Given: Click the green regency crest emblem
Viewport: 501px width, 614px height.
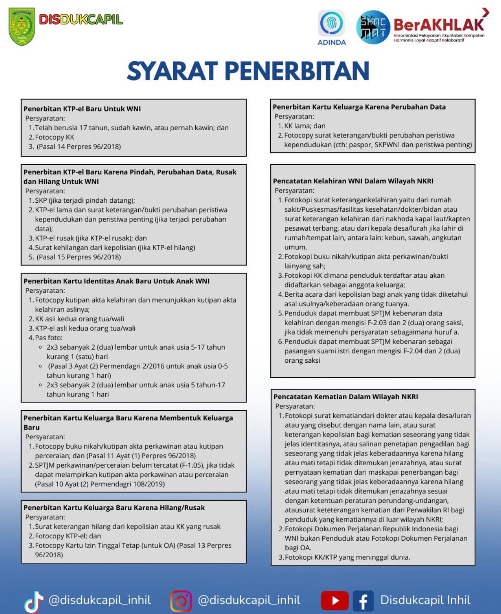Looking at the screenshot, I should point(22,26).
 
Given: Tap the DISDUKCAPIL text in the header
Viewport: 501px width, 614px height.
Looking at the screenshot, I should point(80,19).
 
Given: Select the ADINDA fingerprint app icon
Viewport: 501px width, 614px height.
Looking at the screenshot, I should point(332,23).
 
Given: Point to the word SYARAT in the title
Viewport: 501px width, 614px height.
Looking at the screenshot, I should point(172,71).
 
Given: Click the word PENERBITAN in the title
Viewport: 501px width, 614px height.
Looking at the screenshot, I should point(297,71).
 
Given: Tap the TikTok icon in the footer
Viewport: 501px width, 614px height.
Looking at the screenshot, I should point(34,601).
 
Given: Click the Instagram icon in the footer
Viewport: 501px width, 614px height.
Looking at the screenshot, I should point(181,601).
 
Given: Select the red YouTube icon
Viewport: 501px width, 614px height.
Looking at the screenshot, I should point(334,601).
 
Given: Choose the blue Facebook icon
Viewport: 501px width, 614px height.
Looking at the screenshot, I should point(363,601).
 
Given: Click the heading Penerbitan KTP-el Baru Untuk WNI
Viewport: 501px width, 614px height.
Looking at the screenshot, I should point(82,109).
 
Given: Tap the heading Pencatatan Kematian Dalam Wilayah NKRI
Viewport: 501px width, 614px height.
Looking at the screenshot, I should point(346,397).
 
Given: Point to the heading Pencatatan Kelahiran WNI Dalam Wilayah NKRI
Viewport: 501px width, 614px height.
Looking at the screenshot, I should point(353,181).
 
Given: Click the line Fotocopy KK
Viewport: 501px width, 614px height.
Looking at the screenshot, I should point(54,137).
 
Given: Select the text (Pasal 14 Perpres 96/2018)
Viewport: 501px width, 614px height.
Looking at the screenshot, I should point(79,147).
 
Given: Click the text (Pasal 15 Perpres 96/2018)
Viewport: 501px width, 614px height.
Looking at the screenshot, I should point(79,257).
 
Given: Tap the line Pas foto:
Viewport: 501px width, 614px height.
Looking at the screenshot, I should point(49,338).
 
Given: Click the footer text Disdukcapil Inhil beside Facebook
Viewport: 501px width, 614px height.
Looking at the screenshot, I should point(425,600).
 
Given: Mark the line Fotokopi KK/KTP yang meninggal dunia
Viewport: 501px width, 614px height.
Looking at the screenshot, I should point(347,557).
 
